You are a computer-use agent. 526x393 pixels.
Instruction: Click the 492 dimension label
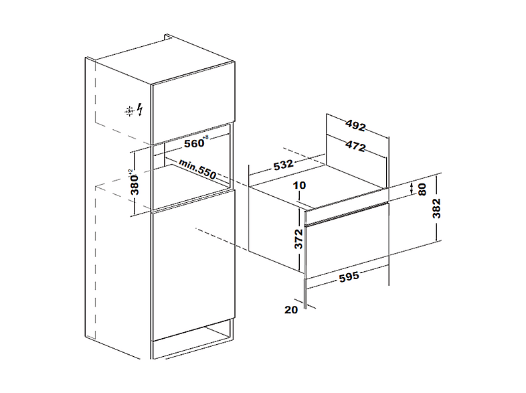coord(355,125)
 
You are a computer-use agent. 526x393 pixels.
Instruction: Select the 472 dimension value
coord(355,147)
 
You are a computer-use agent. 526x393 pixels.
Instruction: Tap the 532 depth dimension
coord(284,165)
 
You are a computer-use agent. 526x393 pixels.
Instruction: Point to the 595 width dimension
coord(349,277)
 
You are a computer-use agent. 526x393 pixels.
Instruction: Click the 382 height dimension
coord(436,208)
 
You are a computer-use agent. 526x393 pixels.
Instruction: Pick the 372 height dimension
coord(298,239)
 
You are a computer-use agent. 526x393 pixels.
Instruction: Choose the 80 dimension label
coord(422,189)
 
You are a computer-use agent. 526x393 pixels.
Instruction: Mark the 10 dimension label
coord(299,185)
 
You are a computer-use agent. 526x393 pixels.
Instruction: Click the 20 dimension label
coord(291,309)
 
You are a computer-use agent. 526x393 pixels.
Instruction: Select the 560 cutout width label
coord(196,143)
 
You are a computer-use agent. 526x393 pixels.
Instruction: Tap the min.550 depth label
coord(197,169)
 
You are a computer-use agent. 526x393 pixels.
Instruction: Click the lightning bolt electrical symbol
coord(141,110)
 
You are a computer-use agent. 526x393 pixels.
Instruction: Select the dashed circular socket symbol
coord(129,110)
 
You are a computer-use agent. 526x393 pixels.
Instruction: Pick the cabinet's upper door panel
coord(193,103)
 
